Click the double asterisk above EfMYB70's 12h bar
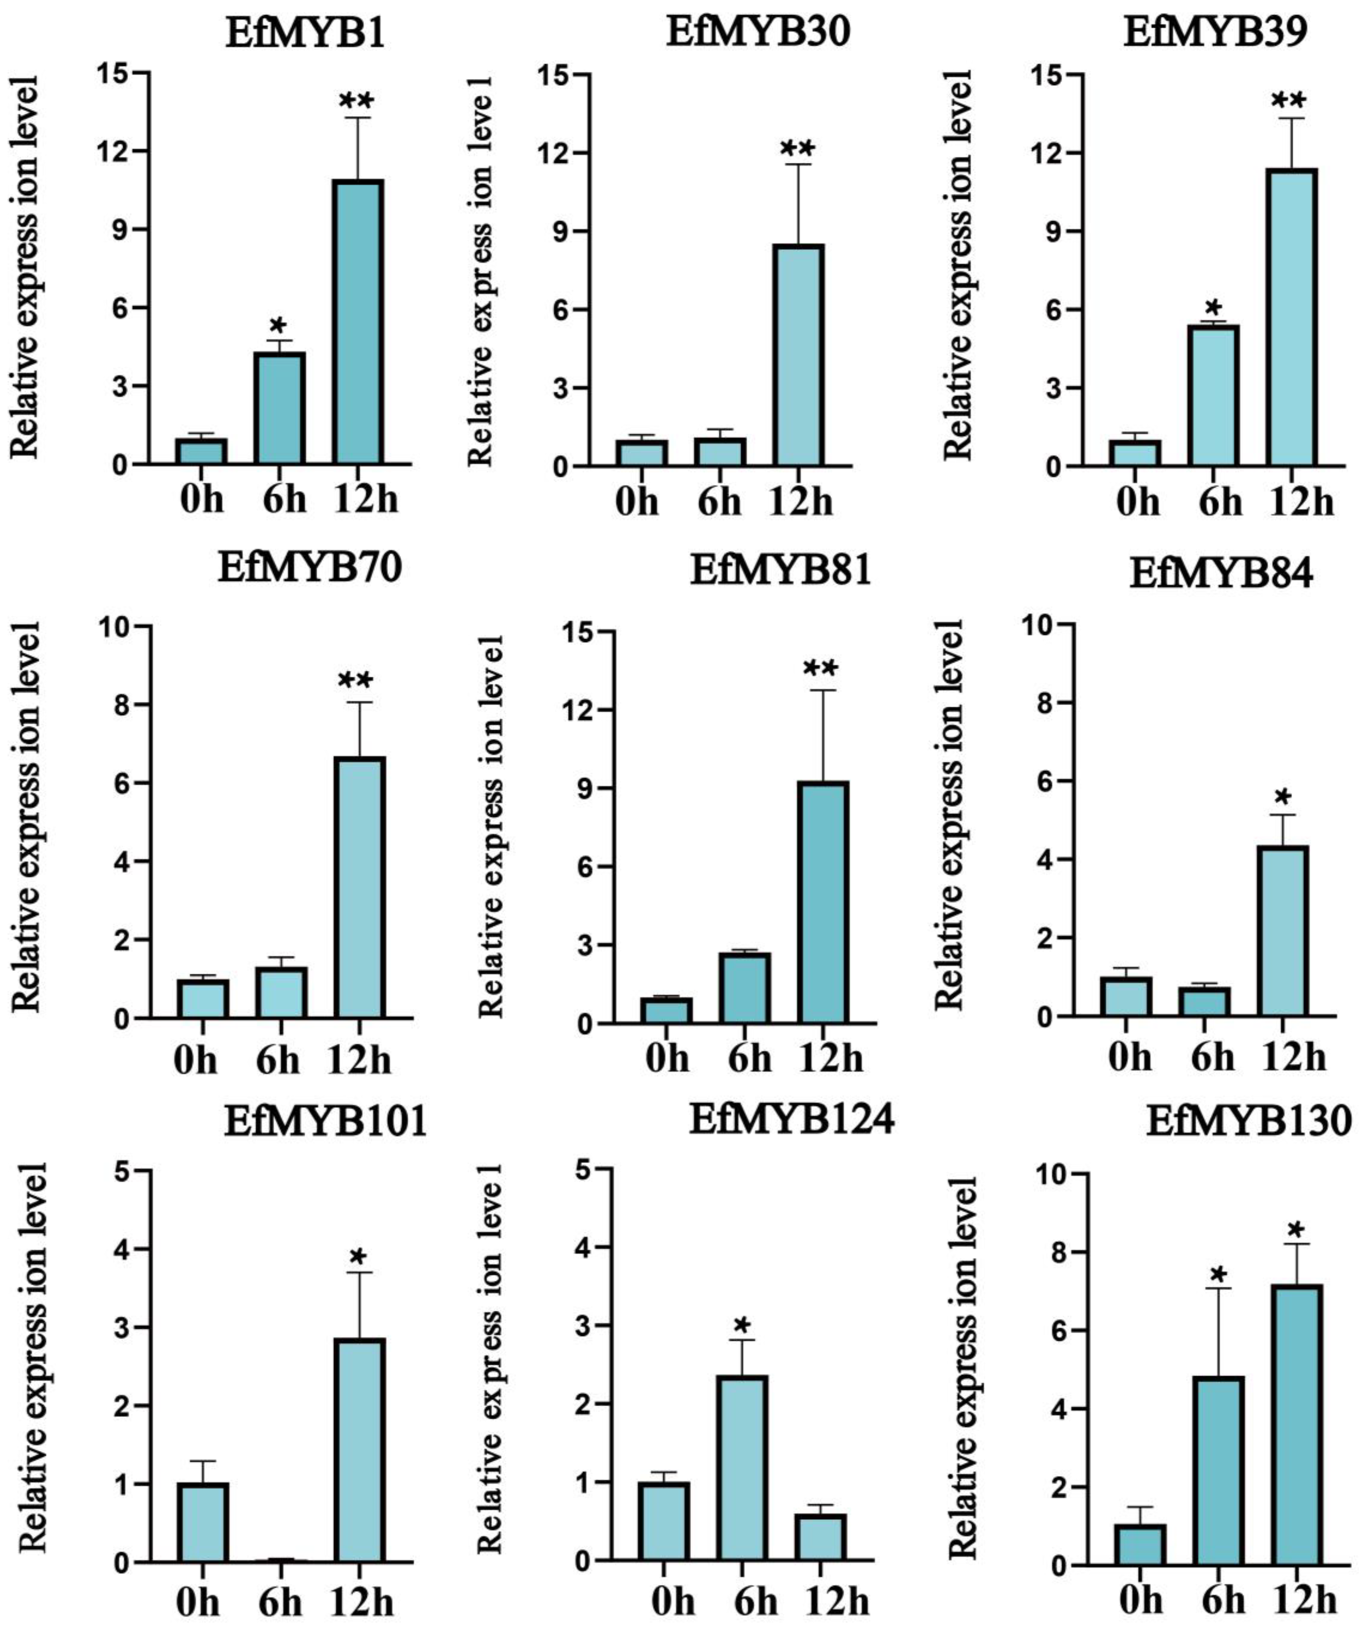tap(356, 681)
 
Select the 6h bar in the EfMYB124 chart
tap(742, 1468)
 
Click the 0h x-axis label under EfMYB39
tap(1139, 503)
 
